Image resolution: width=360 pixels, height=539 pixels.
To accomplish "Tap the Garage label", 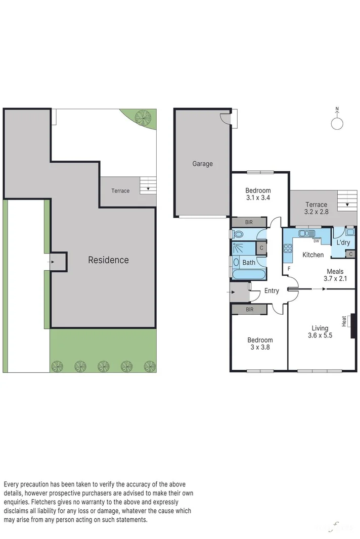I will [202, 164].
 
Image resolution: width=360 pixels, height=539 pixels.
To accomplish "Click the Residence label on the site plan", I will [108, 260].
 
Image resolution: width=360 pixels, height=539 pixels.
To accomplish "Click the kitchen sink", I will [306, 233].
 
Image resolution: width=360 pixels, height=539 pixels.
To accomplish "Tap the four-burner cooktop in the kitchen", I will [288, 248].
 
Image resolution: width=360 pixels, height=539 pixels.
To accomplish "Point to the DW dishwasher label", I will [317, 240].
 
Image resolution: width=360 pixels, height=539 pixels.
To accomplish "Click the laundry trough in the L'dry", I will [349, 232].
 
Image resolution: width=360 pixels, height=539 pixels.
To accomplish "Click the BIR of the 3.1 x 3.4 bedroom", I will [249, 222].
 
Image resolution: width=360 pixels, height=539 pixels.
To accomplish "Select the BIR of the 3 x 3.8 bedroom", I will [249, 309].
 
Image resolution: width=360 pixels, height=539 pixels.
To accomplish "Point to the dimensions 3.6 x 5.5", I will [320, 335].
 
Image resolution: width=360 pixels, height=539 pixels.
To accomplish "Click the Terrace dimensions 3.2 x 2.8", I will [316, 212].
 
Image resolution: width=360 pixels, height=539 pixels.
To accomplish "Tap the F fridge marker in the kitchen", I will [289, 268].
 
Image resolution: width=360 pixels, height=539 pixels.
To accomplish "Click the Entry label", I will [272, 290].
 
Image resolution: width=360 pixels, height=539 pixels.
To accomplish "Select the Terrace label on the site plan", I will [120, 191].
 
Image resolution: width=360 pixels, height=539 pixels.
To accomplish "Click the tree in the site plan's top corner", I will [143, 117].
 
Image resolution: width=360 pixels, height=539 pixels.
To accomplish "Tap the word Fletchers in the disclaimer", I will [45, 502].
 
